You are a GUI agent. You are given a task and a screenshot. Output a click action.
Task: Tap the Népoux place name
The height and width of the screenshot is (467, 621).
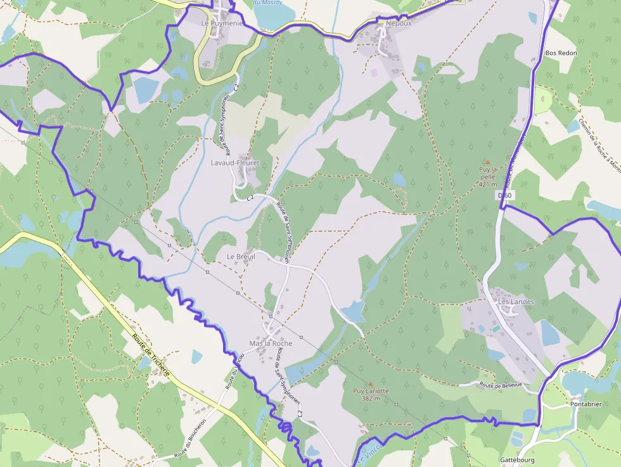(x=399, y=23)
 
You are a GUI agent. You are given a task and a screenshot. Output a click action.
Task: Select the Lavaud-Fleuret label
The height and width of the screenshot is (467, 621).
(x=234, y=163)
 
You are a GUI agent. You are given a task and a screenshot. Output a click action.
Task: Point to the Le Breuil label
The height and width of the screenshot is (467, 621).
(x=241, y=257)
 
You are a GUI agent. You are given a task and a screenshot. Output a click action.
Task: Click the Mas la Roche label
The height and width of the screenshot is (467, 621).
(x=271, y=343)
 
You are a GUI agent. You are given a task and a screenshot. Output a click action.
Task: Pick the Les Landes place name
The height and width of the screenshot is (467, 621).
(x=516, y=302)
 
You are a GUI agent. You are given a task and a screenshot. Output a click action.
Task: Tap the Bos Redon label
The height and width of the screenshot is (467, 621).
(x=561, y=53)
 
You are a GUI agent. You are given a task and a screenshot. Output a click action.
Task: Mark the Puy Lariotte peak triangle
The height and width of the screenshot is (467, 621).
(x=371, y=383)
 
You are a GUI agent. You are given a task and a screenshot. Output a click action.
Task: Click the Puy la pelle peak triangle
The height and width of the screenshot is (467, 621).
(x=487, y=162)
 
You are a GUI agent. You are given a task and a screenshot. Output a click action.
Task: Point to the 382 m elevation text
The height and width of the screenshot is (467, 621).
(x=371, y=399)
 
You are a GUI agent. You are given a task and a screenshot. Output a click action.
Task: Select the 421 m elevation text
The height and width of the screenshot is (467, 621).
(x=488, y=184)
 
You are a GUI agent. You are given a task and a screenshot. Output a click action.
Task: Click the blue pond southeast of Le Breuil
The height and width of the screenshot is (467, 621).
(x=354, y=310)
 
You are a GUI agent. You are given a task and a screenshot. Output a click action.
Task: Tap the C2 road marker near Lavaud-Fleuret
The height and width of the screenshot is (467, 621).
(x=250, y=198)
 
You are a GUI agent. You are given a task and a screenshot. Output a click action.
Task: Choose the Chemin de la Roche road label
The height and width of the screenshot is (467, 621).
(x=598, y=143)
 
